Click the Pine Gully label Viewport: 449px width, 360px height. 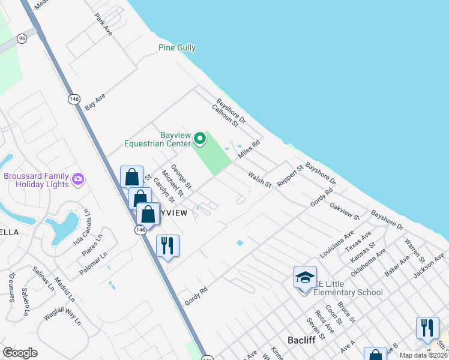177,48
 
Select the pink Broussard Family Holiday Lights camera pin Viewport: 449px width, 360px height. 77,179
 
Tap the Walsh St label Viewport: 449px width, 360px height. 261,178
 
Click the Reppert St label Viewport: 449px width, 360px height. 291,176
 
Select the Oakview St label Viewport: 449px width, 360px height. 345,209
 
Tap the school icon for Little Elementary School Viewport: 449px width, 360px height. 305,278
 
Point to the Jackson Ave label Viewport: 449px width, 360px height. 431,264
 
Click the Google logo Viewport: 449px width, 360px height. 20,353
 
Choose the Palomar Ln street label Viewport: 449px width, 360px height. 93,263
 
